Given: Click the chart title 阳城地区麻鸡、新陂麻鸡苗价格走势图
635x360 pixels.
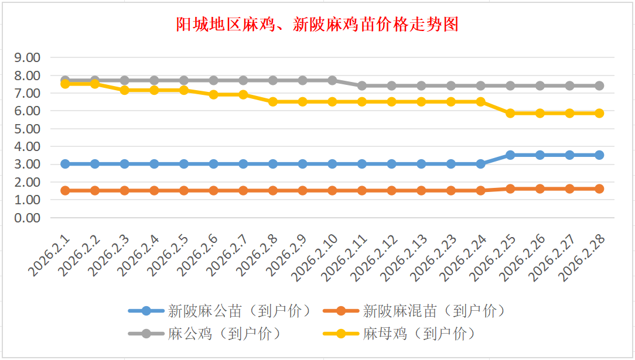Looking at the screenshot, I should (317, 25).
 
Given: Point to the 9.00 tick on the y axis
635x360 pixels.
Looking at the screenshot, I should (28, 58).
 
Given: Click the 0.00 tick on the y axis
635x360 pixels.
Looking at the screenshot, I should (28, 218).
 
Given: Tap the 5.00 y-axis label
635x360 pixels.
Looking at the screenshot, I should (28, 129).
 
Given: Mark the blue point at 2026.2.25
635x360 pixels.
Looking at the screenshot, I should (510, 155).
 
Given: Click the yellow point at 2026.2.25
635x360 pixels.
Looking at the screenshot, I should (510, 114).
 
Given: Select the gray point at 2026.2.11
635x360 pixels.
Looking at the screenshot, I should (362, 85).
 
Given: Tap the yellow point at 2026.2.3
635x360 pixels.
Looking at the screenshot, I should (125, 90).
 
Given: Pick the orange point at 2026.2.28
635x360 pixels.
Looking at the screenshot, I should (599, 188).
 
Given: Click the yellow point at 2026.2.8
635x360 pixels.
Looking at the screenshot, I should (273, 102).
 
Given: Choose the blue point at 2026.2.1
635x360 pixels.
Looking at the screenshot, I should (66, 164).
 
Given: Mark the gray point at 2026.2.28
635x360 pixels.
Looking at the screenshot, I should (599, 85).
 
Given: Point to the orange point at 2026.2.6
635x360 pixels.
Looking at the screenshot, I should (214, 190).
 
